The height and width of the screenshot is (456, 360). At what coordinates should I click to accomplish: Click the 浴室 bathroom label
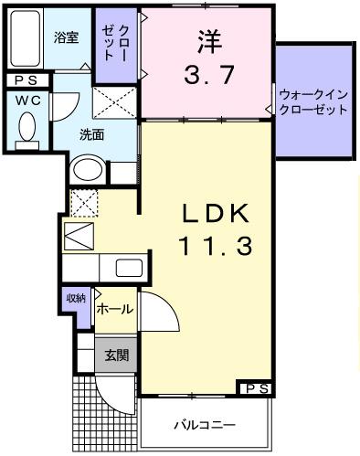65,38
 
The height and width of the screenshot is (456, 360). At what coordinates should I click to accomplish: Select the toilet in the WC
27,127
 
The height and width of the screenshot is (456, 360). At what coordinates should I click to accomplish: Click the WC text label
26,100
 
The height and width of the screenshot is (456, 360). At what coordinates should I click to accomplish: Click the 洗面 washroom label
90,134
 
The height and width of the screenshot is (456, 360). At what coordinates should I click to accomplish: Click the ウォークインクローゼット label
312,101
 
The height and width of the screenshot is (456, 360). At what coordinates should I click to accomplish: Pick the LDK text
215,212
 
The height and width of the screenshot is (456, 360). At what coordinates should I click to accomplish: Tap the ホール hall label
115,310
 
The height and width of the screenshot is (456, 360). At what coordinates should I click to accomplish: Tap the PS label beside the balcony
255,389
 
